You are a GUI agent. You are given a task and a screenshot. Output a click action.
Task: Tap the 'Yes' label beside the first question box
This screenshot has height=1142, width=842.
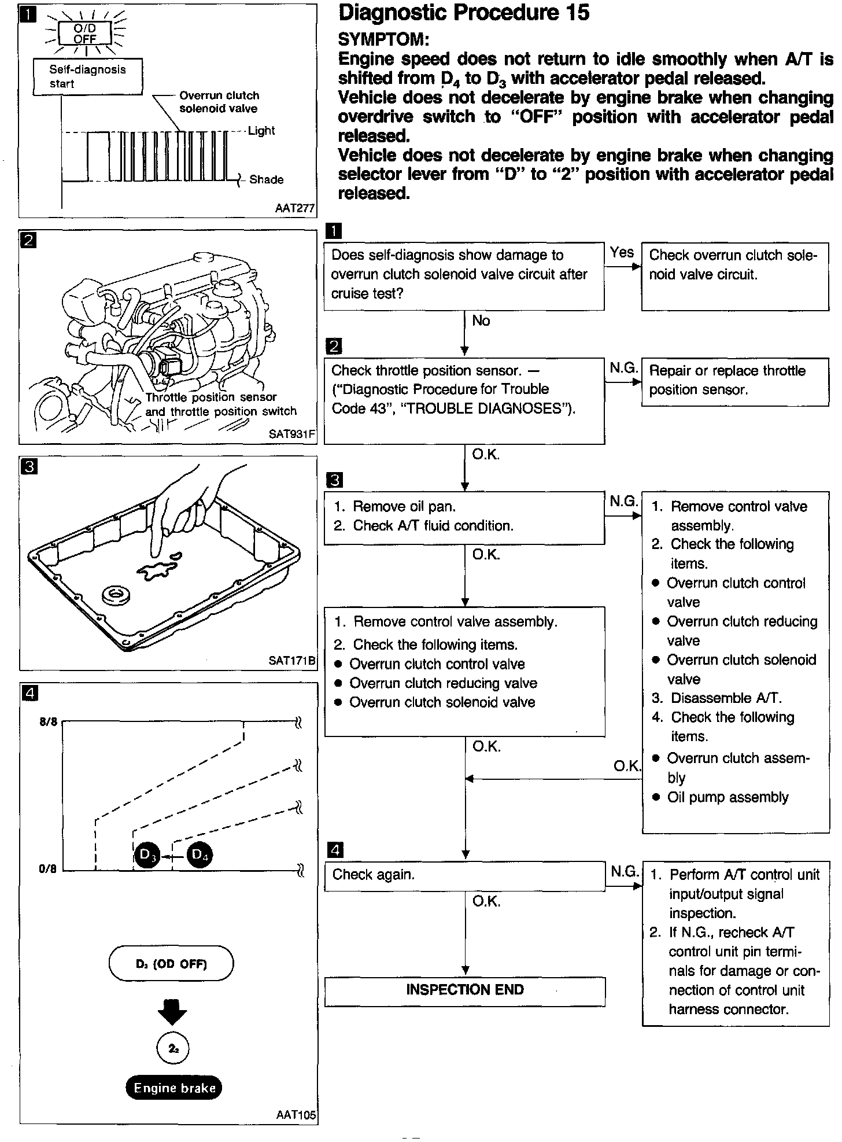pyautogui.click(x=622, y=252)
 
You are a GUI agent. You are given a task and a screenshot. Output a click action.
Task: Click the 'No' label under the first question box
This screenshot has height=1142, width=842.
pyautogui.click(x=481, y=321)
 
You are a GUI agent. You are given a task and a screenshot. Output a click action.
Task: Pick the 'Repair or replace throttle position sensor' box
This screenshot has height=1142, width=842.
pyautogui.click(x=735, y=381)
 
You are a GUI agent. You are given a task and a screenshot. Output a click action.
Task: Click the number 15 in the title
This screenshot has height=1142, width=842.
pyautogui.click(x=574, y=13)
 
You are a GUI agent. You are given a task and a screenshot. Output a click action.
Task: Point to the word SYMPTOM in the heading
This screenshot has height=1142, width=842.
pyautogui.click(x=383, y=39)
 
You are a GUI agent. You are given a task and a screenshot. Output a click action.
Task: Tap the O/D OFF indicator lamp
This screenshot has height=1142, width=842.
pyautogui.click(x=84, y=34)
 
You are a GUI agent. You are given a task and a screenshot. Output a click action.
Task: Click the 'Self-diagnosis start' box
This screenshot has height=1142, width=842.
pyautogui.click(x=87, y=76)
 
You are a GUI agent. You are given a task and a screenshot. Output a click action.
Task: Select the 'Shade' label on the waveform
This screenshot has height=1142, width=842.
pyautogui.click(x=266, y=180)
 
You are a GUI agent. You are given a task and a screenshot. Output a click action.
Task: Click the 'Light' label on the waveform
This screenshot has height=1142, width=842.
pyautogui.click(x=261, y=131)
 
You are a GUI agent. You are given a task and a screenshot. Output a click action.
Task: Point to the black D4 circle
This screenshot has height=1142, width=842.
pyautogui.click(x=200, y=854)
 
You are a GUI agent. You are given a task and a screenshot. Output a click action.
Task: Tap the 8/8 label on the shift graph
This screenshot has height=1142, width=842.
pyautogui.click(x=49, y=722)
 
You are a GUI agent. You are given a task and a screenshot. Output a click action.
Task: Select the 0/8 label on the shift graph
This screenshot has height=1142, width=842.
pyautogui.click(x=49, y=869)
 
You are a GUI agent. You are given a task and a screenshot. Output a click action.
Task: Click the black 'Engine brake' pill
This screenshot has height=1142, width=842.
pyautogui.click(x=174, y=1088)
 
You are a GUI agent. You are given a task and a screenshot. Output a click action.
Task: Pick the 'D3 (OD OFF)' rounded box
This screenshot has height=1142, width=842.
pyautogui.click(x=171, y=964)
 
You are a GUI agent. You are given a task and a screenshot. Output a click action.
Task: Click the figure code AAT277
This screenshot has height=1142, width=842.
pyautogui.click(x=295, y=208)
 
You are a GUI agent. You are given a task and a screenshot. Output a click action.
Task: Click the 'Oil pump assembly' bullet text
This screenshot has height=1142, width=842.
pyautogui.click(x=727, y=797)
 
